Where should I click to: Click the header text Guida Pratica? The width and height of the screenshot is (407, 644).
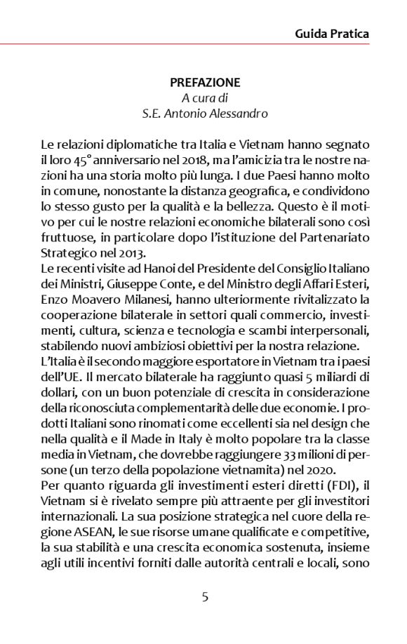332,33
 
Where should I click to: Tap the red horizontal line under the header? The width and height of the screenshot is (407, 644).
203,44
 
